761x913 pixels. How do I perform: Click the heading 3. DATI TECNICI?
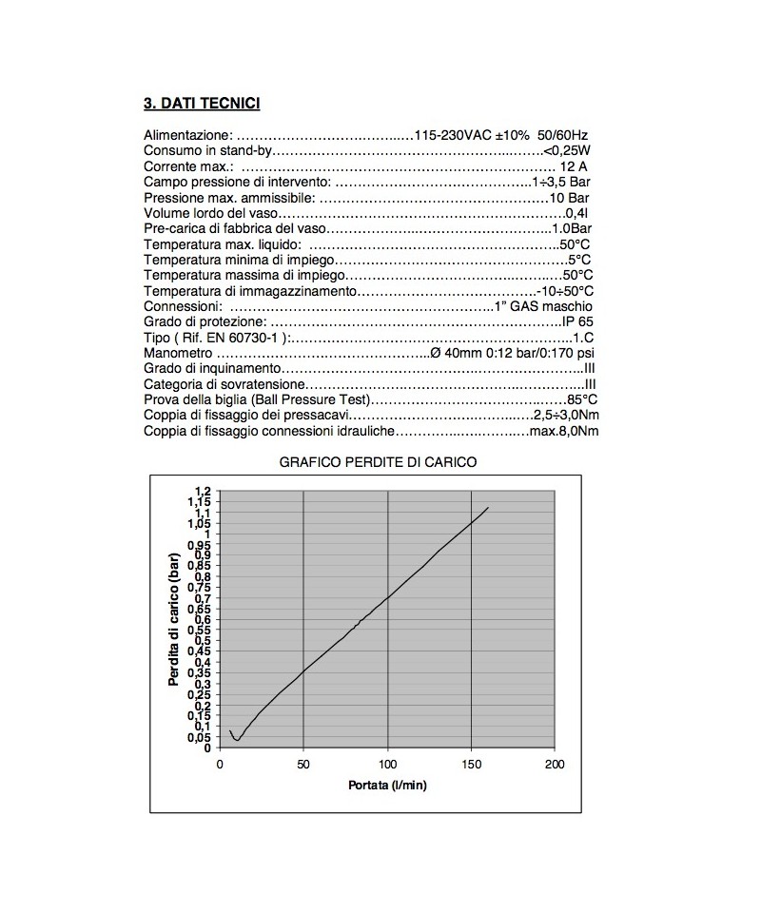(x=202, y=103)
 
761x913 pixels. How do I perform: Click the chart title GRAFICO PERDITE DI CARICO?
(x=378, y=461)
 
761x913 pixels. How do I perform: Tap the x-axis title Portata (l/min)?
(x=385, y=786)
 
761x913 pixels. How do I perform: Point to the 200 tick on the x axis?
(x=556, y=764)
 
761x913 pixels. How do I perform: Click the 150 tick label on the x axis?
(x=472, y=764)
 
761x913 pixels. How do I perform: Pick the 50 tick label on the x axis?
(x=303, y=764)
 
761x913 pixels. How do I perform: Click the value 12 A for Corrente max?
(x=573, y=166)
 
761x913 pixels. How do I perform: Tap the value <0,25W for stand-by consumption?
(x=567, y=151)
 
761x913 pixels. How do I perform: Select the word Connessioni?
(x=183, y=306)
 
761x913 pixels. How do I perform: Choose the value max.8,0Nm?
(x=564, y=431)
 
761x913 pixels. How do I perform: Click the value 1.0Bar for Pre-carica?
(x=573, y=229)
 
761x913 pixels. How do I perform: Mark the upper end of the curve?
(x=488, y=508)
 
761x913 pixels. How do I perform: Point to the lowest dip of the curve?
(x=237, y=739)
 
